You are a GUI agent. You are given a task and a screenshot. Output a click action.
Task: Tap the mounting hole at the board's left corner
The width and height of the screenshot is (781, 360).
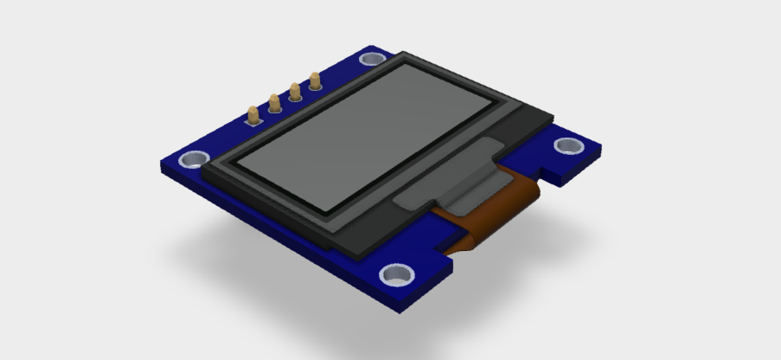[191, 159]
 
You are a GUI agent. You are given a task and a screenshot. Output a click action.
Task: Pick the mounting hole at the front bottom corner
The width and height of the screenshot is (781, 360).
[398, 275]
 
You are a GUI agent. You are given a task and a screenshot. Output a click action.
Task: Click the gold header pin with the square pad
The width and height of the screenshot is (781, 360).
[253, 114]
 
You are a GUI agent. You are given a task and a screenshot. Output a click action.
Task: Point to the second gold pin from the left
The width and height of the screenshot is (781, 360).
[275, 103]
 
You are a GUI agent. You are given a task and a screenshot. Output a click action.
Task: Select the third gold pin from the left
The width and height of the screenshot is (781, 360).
[295, 91]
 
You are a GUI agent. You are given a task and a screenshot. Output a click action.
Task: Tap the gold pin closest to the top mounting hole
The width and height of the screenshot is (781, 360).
[315, 80]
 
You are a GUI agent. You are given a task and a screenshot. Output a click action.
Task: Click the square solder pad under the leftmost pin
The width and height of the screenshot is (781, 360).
[253, 121]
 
